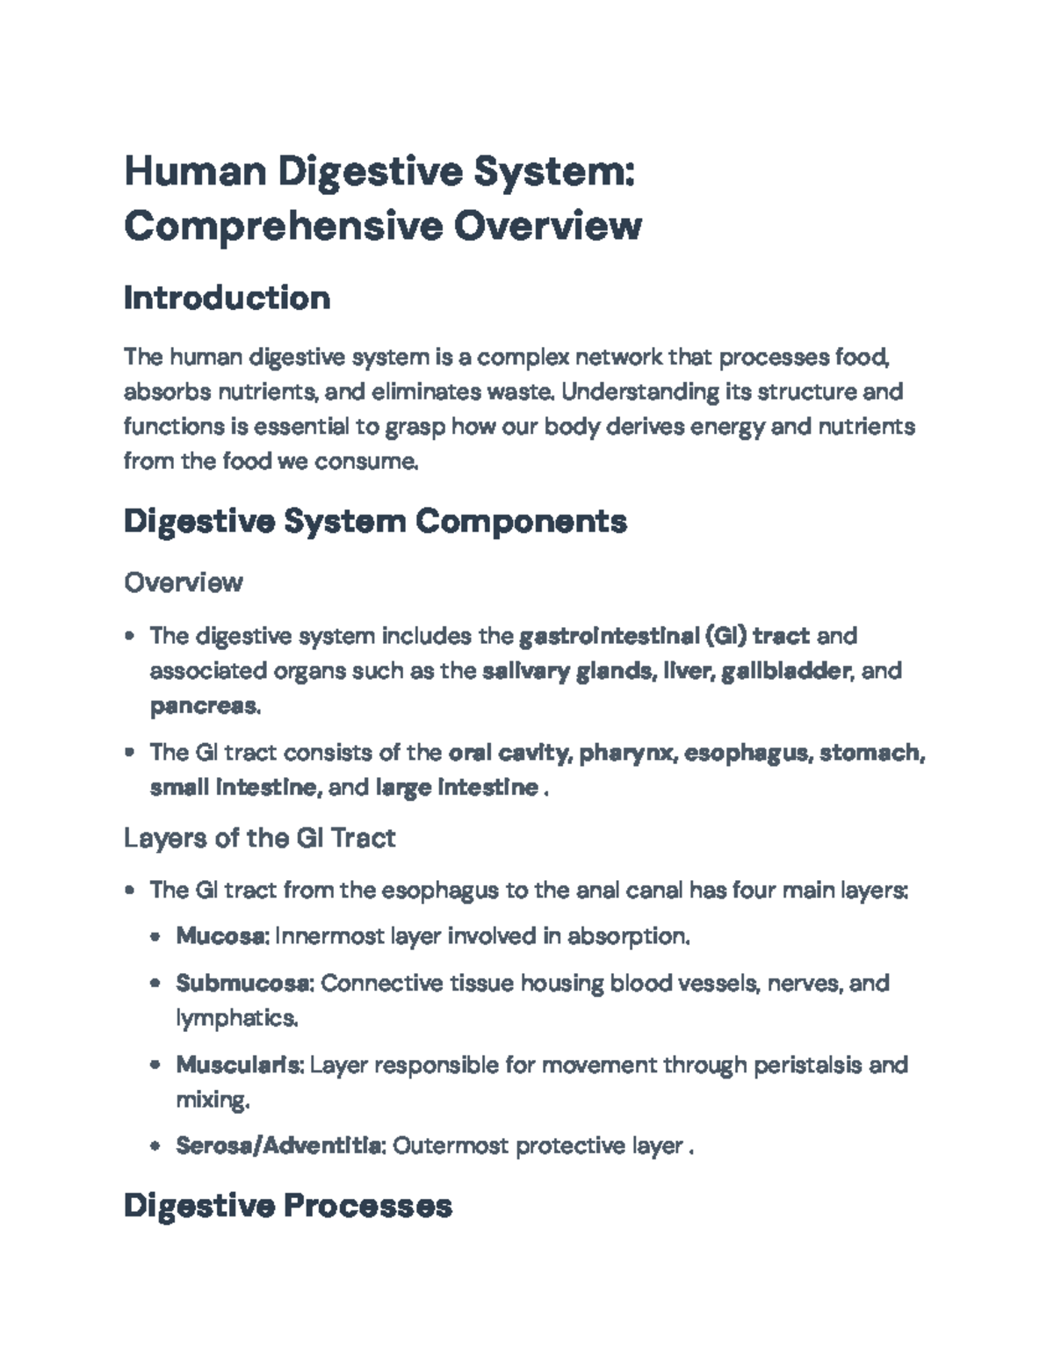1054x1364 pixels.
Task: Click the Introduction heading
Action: pyautogui.click(x=227, y=299)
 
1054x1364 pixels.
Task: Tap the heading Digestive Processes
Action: pyautogui.click(x=287, y=1205)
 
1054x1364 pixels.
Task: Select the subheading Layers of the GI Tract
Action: pyautogui.click(x=259, y=838)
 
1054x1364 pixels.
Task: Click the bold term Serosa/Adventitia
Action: pyautogui.click(x=279, y=1145)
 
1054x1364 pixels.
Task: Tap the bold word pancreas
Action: pyautogui.click(x=204, y=705)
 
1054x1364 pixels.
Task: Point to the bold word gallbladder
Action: pyautogui.click(x=785, y=671)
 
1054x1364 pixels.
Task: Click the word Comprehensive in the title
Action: pyautogui.click(x=284, y=226)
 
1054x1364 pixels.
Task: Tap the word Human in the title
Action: pyautogui.click(x=195, y=170)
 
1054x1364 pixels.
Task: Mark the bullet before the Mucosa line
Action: pyautogui.click(x=155, y=937)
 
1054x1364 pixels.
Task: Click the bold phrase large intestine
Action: pyautogui.click(x=457, y=787)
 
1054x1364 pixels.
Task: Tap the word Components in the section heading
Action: pyautogui.click(x=521, y=521)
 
